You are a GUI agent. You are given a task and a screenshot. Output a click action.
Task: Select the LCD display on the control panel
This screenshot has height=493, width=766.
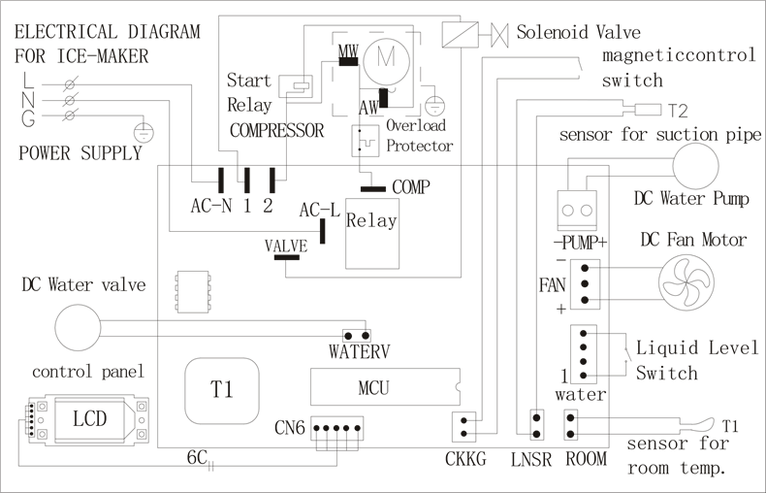(89, 418)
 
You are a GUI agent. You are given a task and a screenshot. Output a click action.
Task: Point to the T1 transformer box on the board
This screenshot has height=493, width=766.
(222, 390)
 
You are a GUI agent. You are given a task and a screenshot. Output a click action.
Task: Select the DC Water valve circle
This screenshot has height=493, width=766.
(77, 329)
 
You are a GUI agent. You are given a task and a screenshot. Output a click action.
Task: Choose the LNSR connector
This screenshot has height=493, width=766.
(534, 424)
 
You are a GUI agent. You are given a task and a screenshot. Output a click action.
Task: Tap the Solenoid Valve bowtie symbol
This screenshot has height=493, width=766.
(500, 34)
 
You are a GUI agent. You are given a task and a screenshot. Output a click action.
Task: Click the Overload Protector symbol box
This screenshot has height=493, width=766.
(365, 141)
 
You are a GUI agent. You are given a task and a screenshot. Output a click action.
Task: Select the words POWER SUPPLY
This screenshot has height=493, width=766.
(80, 153)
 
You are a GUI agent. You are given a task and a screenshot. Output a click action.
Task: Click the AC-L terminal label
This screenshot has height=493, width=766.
(319, 210)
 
